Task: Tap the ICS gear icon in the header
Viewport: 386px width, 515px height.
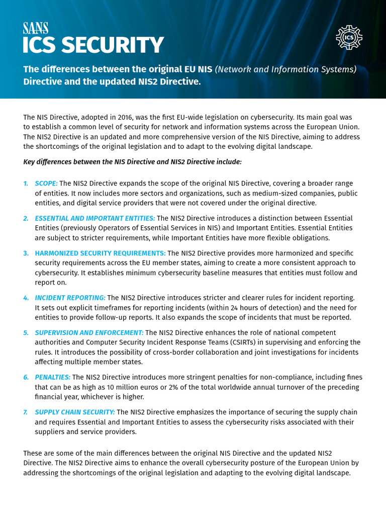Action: pos(349,37)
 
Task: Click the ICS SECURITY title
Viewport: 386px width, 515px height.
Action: pos(93,45)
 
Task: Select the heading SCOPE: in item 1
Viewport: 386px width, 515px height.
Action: pos(46,184)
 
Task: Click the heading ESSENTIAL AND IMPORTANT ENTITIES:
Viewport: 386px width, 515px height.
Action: pos(95,218)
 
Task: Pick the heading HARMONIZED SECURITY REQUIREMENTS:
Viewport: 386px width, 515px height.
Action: pos(100,253)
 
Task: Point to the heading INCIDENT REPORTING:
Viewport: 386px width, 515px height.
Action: pos(70,298)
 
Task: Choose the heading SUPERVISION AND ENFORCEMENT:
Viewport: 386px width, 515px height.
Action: pos(89,332)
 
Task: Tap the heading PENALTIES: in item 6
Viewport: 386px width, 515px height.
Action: pos(53,377)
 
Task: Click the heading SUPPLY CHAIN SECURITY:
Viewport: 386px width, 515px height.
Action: pos(75,412)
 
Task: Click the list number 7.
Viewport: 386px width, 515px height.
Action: pos(26,412)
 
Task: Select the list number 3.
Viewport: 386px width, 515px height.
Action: pos(26,253)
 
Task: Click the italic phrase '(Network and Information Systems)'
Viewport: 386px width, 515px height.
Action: pos(285,69)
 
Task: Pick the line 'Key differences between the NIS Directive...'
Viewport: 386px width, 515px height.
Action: pos(133,162)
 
